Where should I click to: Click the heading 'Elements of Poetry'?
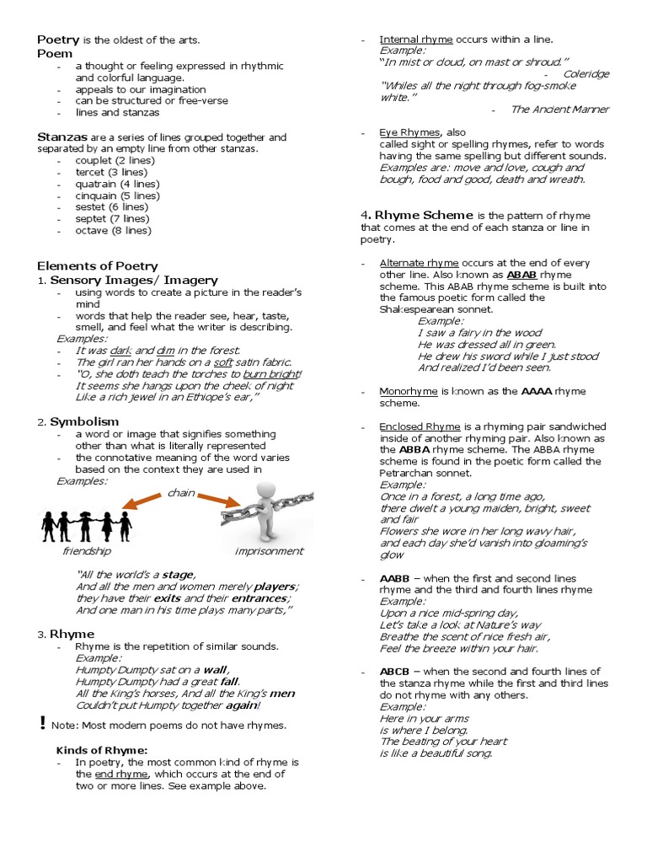click(x=97, y=265)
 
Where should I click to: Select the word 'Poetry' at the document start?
click(x=58, y=40)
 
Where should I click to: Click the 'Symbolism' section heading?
click(x=84, y=421)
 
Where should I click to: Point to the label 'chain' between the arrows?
click(x=180, y=492)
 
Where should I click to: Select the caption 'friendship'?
click(x=86, y=551)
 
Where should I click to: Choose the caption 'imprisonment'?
click(x=269, y=551)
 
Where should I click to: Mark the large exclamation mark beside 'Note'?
click(x=42, y=722)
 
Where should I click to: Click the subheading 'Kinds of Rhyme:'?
click(x=102, y=750)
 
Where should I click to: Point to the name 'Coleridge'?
click(x=586, y=74)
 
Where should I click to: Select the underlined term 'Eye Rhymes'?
click(x=409, y=132)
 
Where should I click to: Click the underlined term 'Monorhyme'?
click(x=408, y=391)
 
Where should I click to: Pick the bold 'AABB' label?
click(x=394, y=579)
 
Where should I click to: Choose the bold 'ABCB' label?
click(x=394, y=672)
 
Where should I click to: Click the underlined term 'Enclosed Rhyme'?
click(x=416, y=426)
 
